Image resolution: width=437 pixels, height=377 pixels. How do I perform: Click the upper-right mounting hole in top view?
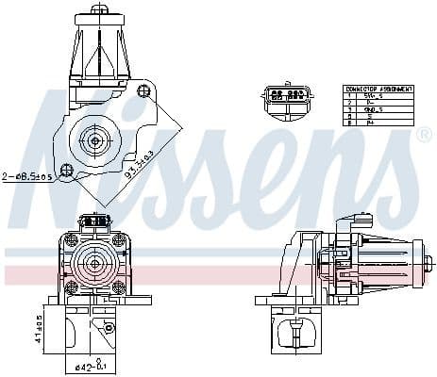pyautogui.click(x=143, y=90)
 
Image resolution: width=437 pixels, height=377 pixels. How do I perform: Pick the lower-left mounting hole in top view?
pyautogui.click(x=66, y=171)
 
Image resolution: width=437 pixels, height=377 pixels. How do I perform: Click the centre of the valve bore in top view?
pyautogui.click(x=94, y=140)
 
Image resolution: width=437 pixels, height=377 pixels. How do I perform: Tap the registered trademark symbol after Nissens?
pyautogui.click(x=423, y=135)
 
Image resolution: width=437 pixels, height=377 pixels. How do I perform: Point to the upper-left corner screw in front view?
pyautogui.click(x=70, y=239)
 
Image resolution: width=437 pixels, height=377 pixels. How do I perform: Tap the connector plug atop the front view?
pyautogui.click(x=94, y=221)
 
